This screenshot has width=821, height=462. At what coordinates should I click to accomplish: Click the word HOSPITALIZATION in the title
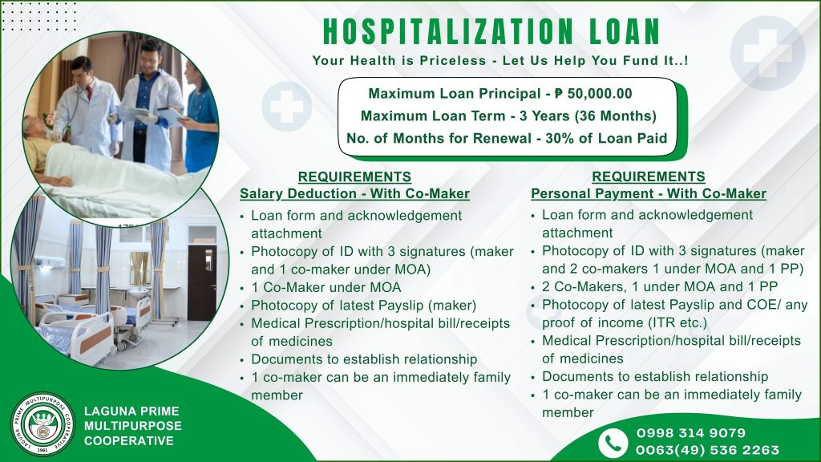(x=448, y=31)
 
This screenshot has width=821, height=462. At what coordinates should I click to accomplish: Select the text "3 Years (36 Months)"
(x=588, y=115)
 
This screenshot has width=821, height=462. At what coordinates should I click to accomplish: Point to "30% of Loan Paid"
(x=606, y=138)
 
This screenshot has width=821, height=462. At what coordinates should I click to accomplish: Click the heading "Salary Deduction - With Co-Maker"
(x=354, y=194)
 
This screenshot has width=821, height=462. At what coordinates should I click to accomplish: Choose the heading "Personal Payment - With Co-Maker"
(x=649, y=194)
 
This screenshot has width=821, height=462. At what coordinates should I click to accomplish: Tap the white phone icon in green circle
(x=613, y=442)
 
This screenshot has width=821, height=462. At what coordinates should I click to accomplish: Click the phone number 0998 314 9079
(x=691, y=433)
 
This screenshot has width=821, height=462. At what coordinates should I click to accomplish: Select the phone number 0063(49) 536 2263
(x=707, y=450)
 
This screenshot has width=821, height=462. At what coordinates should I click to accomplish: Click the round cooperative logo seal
(x=43, y=424)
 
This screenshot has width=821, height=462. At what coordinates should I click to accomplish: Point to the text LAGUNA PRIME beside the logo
(x=132, y=411)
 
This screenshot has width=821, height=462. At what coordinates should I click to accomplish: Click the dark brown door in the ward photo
(x=202, y=283)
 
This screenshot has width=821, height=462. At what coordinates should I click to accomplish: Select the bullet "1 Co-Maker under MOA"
(x=326, y=288)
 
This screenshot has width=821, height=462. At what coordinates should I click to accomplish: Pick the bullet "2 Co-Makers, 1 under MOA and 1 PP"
(x=660, y=287)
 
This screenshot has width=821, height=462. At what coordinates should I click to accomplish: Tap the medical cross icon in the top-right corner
(x=767, y=51)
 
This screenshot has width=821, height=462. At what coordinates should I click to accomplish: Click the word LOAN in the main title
(x=625, y=31)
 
